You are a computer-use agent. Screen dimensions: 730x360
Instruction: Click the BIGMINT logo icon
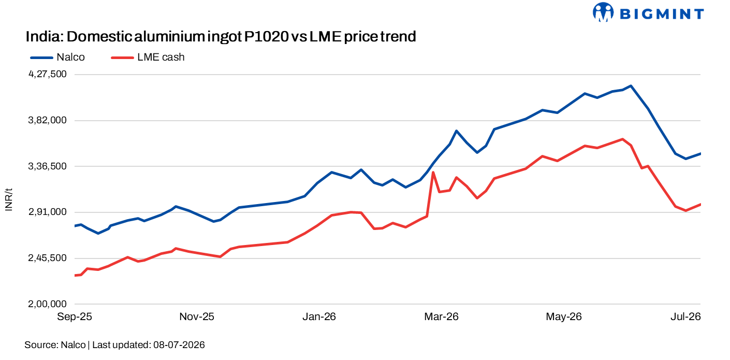603,12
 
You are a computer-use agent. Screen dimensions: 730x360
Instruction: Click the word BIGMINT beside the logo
662,15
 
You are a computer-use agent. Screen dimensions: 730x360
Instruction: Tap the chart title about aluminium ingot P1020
221,37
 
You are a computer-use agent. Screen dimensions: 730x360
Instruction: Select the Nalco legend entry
57,57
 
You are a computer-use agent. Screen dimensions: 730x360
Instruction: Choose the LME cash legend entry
148,57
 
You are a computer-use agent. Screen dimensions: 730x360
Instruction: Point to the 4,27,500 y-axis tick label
48,75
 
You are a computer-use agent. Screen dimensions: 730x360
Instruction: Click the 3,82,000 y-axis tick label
48,120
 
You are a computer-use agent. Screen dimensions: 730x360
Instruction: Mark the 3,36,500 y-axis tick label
48,166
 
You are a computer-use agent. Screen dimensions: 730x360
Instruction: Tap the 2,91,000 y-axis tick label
48,212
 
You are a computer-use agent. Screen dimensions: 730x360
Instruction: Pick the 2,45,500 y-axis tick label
48,258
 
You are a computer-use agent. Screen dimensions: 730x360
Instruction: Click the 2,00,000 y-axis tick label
48,304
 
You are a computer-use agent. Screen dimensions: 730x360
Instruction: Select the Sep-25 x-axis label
75,316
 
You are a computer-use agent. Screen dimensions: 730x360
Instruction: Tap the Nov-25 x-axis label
197,316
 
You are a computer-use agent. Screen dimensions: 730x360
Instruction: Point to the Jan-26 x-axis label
319,316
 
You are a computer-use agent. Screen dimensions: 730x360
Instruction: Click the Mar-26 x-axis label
441,316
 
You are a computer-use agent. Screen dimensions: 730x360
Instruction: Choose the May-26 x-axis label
564,316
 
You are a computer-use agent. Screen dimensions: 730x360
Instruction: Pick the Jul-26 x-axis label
685,316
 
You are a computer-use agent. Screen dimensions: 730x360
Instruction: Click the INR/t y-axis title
9,199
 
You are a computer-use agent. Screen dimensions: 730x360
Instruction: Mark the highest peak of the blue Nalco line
631,86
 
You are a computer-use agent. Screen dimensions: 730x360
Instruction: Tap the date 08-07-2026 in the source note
179,345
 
